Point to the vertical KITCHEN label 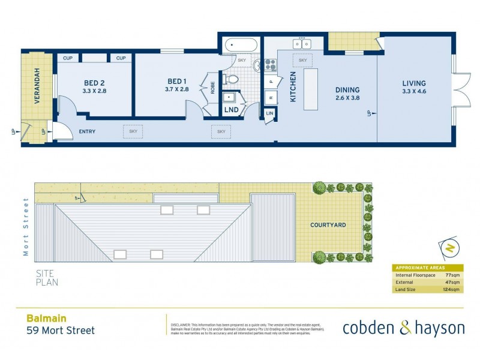pyautogui.click(x=293, y=87)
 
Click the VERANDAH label pyautogui.click(x=37, y=86)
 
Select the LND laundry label pyautogui.click(x=230, y=110)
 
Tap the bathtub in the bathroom pyautogui.click(x=241, y=45)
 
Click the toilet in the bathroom pyautogui.click(x=231, y=79)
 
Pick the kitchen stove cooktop pyautogui.click(x=269, y=64)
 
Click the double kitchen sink pyautogui.click(x=301, y=44)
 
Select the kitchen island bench pyautogui.click(x=311, y=89)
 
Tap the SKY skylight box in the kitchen pyautogui.click(x=302, y=61)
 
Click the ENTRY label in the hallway pyautogui.click(x=86, y=132)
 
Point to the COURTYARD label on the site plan pyautogui.click(x=328, y=225)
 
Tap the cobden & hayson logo pyautogui.click(x=403, y=328)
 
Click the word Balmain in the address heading pyautogui.click(x=46, y=319)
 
